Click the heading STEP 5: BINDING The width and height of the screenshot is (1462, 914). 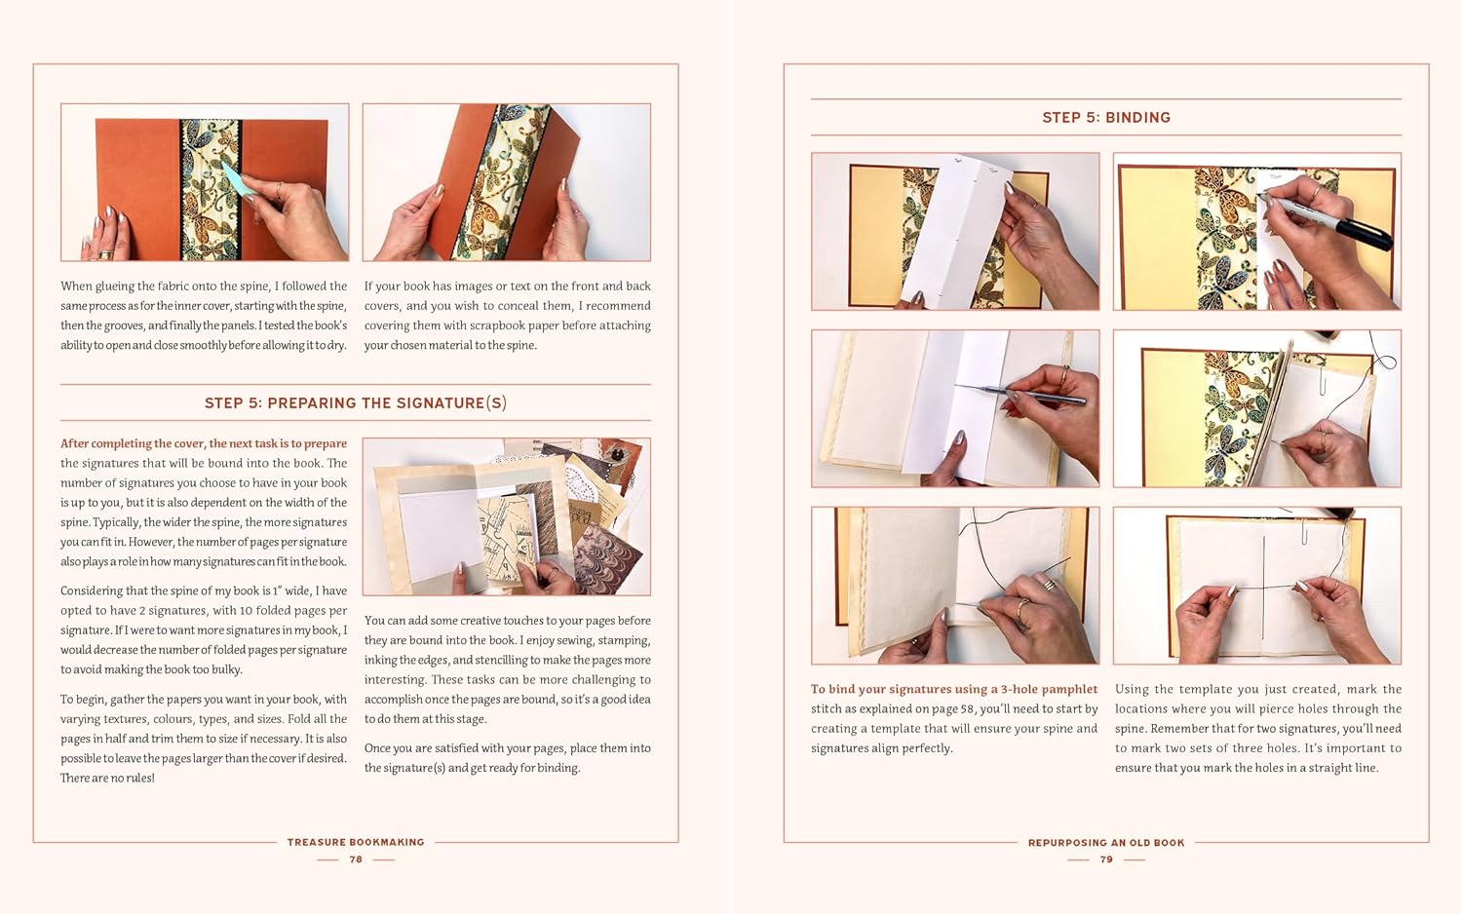1106,118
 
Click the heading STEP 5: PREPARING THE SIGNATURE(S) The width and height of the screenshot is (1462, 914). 356,402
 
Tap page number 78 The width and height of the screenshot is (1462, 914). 356,859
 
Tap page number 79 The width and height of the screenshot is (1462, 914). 1106,859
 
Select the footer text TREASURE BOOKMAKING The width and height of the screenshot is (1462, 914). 356,842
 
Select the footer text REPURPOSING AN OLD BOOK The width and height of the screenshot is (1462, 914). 1106,843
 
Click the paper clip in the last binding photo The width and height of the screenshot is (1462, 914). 1304,532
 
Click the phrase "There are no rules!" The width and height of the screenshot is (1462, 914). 107,778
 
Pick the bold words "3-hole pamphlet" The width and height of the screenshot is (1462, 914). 1049,689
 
